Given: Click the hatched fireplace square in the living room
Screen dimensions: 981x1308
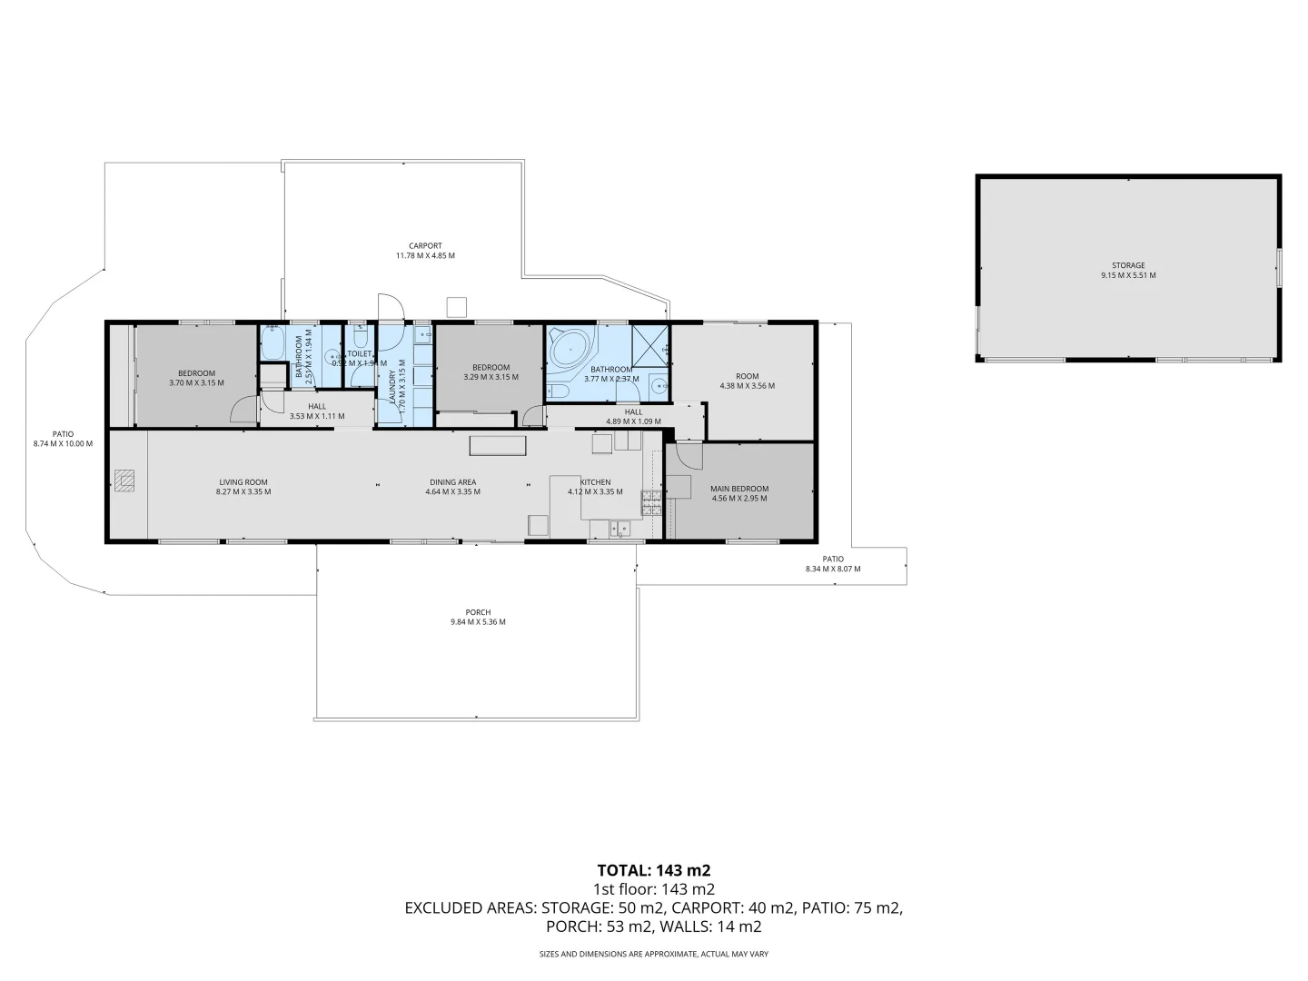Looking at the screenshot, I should point(124,481).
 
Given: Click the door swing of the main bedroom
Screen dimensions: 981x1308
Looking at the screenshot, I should point(686,454).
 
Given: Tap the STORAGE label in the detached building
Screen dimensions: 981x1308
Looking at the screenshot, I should point(1129,265).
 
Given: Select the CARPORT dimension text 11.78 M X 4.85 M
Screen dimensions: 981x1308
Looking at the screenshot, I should point(424,256).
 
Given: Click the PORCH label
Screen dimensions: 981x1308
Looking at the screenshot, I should point(477,612).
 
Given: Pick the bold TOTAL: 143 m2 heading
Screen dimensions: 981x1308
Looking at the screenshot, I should point(653,870).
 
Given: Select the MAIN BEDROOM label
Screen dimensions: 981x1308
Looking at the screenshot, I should point(738,489).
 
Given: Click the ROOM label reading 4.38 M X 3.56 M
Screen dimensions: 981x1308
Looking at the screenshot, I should point(747,385).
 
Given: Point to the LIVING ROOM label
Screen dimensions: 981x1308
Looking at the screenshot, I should point(243,482).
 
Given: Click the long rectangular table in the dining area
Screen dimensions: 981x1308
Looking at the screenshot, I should point(497,445).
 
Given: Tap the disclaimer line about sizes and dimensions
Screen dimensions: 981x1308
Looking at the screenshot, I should point(653,954).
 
